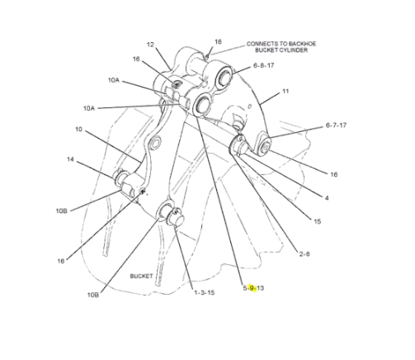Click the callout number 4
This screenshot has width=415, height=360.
[327, 198]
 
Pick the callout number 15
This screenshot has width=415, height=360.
[317, 220]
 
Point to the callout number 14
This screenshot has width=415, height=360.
[71, 159]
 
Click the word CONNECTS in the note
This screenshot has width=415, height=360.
[261, 41]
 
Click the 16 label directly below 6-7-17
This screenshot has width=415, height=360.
[333, 174]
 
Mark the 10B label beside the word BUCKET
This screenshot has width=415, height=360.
[94, 294]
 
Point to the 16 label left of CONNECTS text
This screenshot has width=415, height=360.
[218, 40]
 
